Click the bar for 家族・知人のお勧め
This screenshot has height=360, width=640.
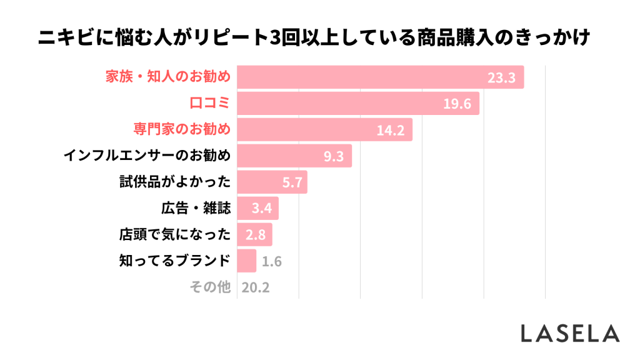point(380,77)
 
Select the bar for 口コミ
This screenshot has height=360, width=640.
point(357,104)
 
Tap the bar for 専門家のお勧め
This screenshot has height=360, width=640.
point(324,129)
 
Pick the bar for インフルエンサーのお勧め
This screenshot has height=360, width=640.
point(294,156)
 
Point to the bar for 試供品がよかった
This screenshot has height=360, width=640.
point(272,182)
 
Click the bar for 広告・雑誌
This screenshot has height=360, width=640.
point(257,208)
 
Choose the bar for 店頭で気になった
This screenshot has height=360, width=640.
point(254,234)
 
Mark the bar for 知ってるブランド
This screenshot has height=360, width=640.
point(247,261)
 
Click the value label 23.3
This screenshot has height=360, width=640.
point(501,78)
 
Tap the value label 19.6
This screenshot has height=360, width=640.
point(456,104)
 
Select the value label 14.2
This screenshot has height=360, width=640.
point(391,130)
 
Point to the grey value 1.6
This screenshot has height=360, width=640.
point(272,261)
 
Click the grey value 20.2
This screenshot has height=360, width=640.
point(256,287)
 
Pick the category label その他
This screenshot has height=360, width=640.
point(210,287)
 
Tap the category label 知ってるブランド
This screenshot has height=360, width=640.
point(176,261)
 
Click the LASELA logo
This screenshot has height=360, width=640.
point(570,333)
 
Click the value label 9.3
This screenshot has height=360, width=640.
point(334,156)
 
